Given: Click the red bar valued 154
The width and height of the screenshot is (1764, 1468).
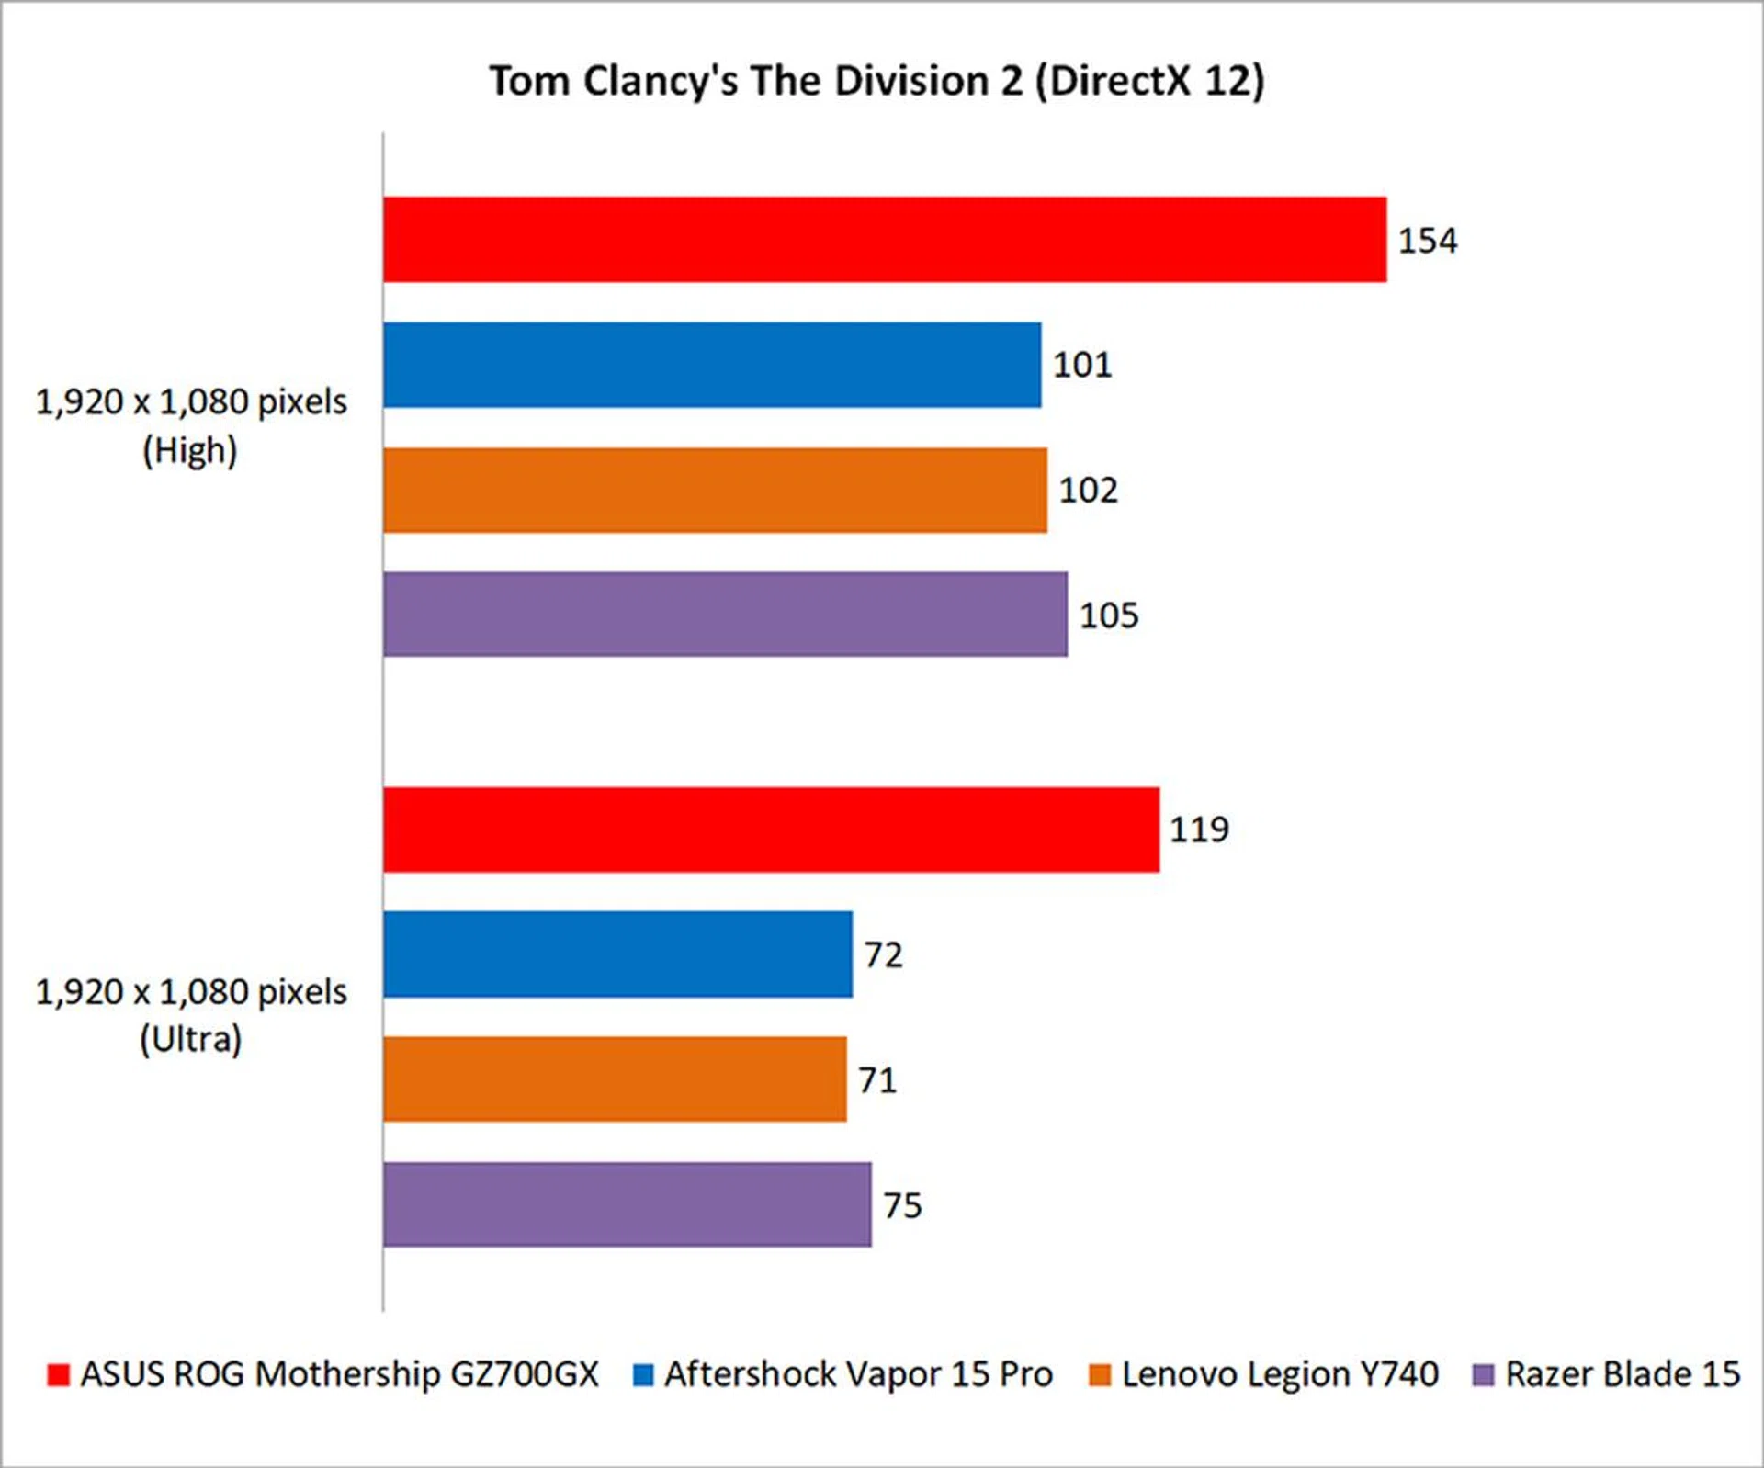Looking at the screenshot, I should coord(884,239).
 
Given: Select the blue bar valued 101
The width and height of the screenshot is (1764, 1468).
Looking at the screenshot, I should coord(712,365).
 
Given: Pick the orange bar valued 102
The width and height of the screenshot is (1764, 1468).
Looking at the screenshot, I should coord(715,490).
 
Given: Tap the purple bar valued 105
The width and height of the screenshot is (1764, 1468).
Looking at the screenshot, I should coord(725,615).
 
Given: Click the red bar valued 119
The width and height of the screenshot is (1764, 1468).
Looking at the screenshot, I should coord(771,830).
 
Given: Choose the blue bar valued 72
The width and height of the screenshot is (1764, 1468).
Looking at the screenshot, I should coord(617,954).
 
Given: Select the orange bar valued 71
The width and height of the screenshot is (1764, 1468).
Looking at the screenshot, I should coord(615,1079).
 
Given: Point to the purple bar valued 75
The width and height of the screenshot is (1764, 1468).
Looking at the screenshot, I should coord(627,1204).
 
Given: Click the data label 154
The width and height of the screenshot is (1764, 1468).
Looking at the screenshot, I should coord(1427,241).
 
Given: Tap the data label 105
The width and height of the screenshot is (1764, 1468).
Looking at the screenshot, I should coord(1108,615).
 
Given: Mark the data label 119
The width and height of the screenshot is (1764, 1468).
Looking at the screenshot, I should coord(1198,830).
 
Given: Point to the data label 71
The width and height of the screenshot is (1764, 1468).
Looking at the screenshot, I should coord(876,1080).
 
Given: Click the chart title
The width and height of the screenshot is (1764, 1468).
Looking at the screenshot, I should coord(876,81).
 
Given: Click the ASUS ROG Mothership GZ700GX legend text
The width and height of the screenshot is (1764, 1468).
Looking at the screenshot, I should coord(339,1374).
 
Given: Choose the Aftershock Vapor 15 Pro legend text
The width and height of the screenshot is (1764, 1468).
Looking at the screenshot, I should coord(858,1374).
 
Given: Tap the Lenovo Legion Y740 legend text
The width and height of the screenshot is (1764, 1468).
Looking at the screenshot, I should coord(1280,1374).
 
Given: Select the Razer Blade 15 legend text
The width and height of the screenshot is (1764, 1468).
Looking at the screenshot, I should coord(1623,1374).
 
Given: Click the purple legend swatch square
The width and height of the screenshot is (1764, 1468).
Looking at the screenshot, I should coord(1483,1375).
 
